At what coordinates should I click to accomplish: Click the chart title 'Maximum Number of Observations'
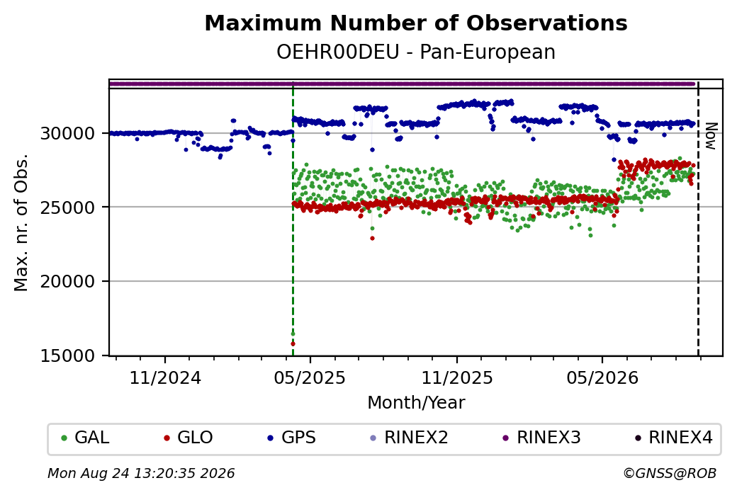[416, 23]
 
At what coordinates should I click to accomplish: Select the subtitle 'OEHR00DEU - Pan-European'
[416, 52]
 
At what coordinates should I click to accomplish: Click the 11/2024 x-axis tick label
[165, 377]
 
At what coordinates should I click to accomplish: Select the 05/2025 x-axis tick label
[310, 377]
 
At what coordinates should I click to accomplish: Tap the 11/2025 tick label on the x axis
[457, 377]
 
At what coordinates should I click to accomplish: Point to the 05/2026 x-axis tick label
[602, 377]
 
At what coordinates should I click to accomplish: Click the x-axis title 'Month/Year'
[416, 402]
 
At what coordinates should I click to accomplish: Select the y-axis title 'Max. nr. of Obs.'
[21, 222]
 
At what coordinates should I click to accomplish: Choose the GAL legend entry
[85, 438]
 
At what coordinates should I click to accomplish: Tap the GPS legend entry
[291, 438]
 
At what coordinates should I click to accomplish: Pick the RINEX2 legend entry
[409, 438]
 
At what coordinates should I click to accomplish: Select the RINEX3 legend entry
[541, 438]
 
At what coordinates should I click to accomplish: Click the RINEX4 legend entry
[673, 438]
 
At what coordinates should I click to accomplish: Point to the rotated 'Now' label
[711, 136]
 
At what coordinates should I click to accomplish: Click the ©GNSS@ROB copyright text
[670, 473]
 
